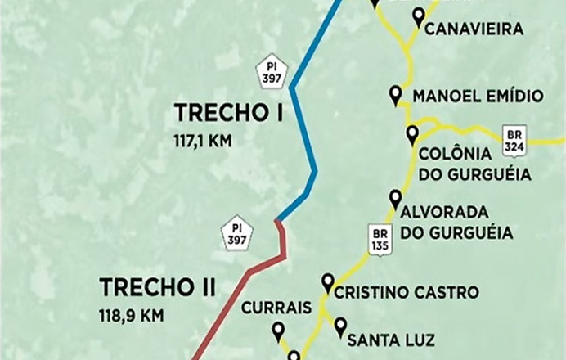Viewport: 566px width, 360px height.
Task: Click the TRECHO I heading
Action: click(x=228, y=112)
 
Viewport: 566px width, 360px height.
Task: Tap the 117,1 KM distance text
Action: click(x=202, y=141)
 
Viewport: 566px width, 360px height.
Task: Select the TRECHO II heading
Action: click(x=157, y=288)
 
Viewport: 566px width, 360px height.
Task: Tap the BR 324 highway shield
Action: click(x=514, y=138)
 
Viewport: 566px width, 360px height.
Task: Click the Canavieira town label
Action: click(x=474, y=29)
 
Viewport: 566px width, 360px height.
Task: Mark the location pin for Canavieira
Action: click(x=420, y=16)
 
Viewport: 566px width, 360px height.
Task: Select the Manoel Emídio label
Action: click(x=478, y=97)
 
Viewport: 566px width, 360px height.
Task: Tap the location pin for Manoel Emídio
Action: click(x=397, y=95)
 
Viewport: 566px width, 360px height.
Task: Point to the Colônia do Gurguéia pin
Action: click(x=412, y=135)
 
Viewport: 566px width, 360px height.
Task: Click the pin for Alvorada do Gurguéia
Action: click(x=396, y=199)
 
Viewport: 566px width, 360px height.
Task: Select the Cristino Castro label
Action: click(x=407, y=292)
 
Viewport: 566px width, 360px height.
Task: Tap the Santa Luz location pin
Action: click(x=340, y=327)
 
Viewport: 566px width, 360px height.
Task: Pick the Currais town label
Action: click(x=277, y=307)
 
